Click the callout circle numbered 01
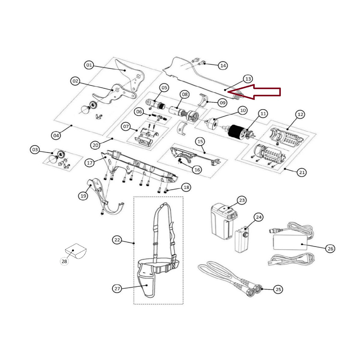(x=89, y=65)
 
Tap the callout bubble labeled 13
(x=248, y=79)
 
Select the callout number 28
(x=64, y=261)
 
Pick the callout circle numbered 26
(x=330, y=248)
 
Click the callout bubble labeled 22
(x=117, y=240)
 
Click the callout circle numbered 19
(x=83, y=196)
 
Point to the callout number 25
(x=278, y=289)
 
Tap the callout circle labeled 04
(x=56, y=135)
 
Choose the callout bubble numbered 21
(x=302, y=172)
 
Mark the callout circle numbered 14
(x=223, y=65)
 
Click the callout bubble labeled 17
(x=90, y=163)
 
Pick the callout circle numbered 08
(x=184, y=94)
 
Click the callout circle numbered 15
(x=200, y=141)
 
